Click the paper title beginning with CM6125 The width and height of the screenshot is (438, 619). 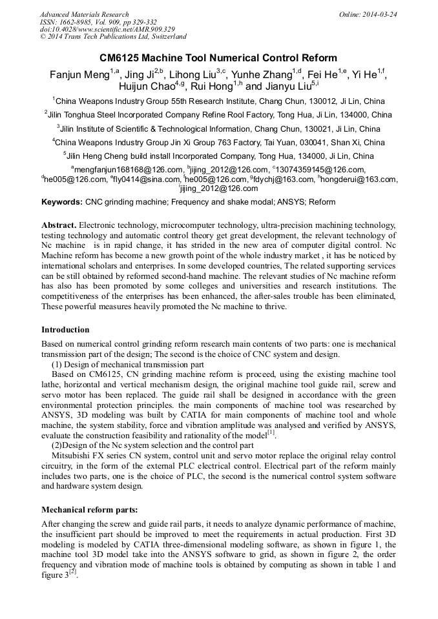click(x=218, y=58)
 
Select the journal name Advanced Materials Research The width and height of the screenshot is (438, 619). click(x=84, y=14)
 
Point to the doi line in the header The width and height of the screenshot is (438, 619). click(x=107, y=29)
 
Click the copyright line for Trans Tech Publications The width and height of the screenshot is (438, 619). click(x=113, y=37)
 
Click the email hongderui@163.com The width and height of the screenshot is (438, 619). click(x=359, y=179)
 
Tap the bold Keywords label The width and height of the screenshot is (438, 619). click(x=62, y=202)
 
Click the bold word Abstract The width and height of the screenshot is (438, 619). click(x=59, y=225)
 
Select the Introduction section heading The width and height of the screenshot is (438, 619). click(x=65, y=330)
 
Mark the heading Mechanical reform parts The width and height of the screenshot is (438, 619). click(x=89, y=509)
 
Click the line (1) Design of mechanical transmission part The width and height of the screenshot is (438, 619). click(x=128, y=365)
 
